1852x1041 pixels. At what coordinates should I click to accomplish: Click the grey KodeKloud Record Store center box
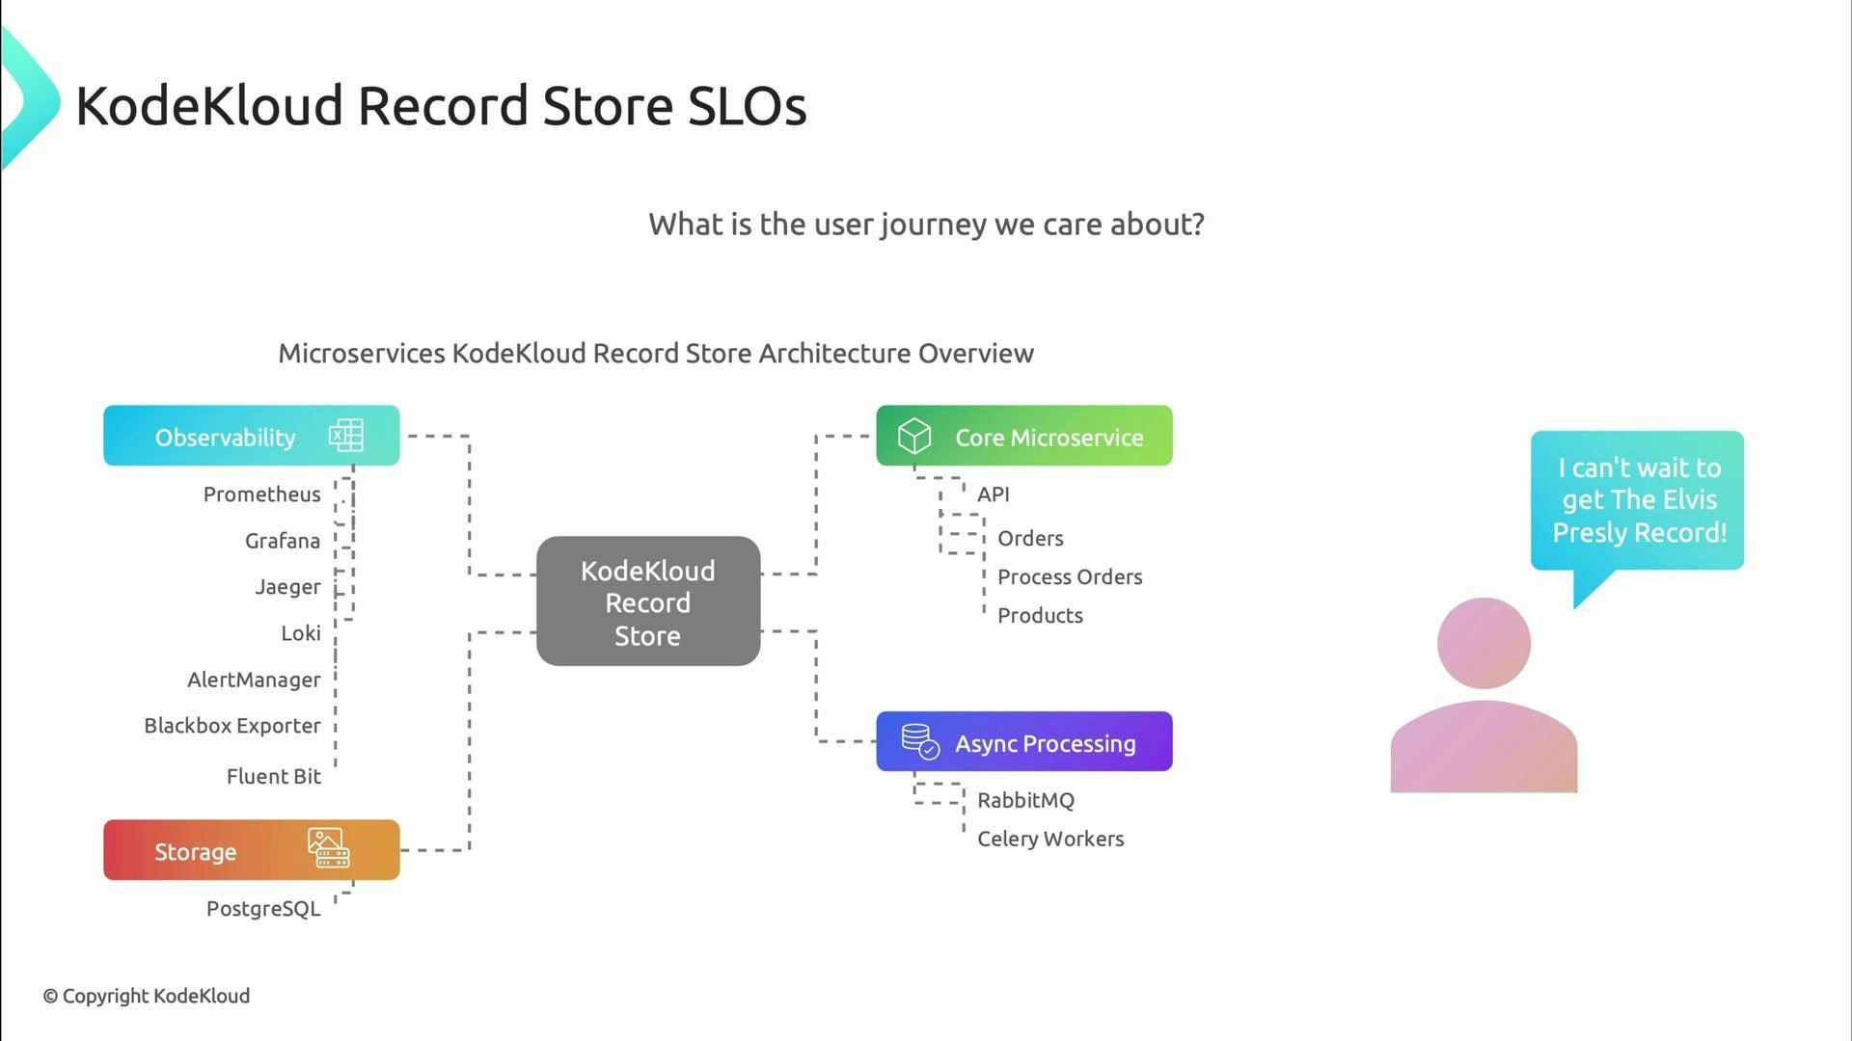point(647,601)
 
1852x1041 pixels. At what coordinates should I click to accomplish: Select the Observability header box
point(251,436)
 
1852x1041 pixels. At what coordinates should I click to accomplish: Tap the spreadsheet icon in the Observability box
point(345,436)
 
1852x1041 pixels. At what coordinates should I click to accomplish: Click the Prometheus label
point(261,494)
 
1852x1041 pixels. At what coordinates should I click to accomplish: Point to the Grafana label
point(282,541)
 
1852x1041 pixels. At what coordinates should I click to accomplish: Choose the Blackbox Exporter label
point(231,726)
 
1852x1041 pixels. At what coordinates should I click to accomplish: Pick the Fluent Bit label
point(273,776)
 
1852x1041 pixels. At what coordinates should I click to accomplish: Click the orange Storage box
point(251,850)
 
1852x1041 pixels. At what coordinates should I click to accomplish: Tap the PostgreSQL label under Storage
point(262,909)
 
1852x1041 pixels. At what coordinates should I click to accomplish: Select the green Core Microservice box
point(1024,436)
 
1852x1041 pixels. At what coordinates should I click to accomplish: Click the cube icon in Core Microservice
point(913,436)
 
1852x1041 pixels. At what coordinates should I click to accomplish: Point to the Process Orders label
point(1069,577)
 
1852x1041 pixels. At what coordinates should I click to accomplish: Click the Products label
point(1039,616)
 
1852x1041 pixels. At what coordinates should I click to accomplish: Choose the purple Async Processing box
point(1024,742)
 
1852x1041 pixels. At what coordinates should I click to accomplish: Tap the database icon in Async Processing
point(919,741)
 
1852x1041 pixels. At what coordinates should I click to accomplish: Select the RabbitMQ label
point(1024,800)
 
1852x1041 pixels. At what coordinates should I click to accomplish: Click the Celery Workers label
point(1049,839)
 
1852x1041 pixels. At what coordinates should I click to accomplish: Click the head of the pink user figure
point(1483,643)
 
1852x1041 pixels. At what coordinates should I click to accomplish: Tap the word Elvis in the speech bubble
point(1689,499)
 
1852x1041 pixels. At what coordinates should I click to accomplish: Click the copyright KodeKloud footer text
point(146,996)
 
